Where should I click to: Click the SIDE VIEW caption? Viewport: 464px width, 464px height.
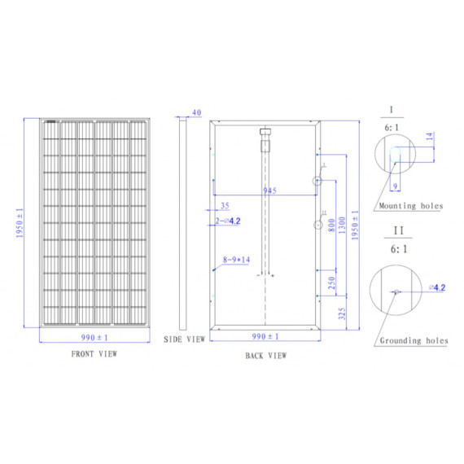click(x=183, y=338)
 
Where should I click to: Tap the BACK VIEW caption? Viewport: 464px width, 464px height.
click(x=265, y=356)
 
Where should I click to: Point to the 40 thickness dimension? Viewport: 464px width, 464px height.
click(x=196, y=112)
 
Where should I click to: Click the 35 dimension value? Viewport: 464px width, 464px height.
click(x=225, y=205)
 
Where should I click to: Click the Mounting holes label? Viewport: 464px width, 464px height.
click(x=410, y=206)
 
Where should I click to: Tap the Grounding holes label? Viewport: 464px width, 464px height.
click(x=414, y=340)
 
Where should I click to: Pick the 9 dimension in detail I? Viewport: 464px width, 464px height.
click(x=395, y=186)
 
